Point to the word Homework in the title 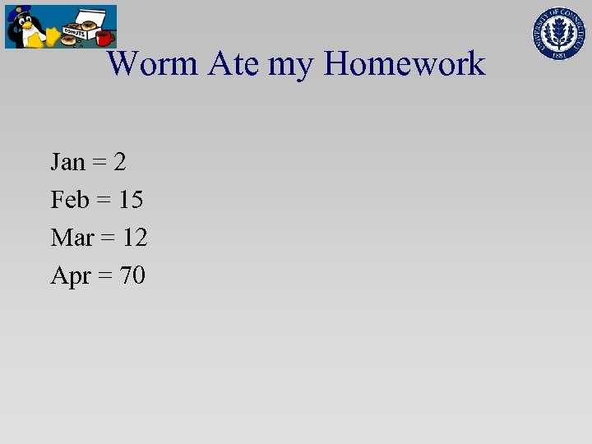click(x=404, y=63)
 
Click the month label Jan click(x=68, y=162)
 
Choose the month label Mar click(x=72, y=238)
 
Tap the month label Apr click(x=71, y=276)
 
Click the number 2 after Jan click(x=120, y=162)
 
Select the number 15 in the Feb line click(x=132, y=200)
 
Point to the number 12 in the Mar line click(x=135, y=238)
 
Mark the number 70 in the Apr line click(x=132, y=275)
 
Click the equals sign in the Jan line click(x=99, y=163)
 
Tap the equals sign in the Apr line click(x=105, y=276)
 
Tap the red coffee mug click(x=103, y=38)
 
